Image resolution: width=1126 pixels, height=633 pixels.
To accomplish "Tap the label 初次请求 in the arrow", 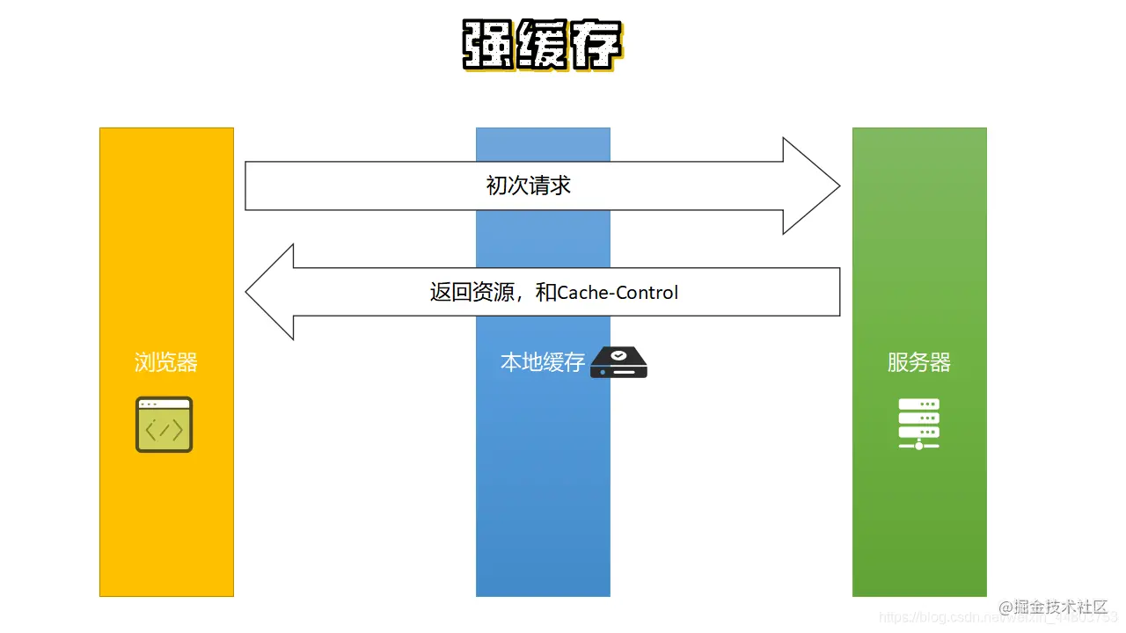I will click(x=529, y=186).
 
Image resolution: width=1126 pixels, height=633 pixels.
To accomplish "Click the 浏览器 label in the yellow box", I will click(x=166, y=362).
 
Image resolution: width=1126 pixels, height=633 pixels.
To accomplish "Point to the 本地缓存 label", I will click(x=543, y=362).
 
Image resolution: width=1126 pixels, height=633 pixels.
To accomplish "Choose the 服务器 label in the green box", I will click(x=919, y=362).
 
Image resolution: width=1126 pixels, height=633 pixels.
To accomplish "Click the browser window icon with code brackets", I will click(x=165, y=425).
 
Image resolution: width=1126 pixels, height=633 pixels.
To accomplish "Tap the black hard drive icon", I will click(x=618, y=362).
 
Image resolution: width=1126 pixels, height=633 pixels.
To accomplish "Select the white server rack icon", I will click(x=919, y=424).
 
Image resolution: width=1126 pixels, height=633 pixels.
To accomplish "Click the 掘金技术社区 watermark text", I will click(x=1059, y=607).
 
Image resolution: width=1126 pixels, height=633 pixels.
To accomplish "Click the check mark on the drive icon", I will click(x=618, y=355).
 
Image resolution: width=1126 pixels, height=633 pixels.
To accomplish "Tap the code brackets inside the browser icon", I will click(x=165, y=430).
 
